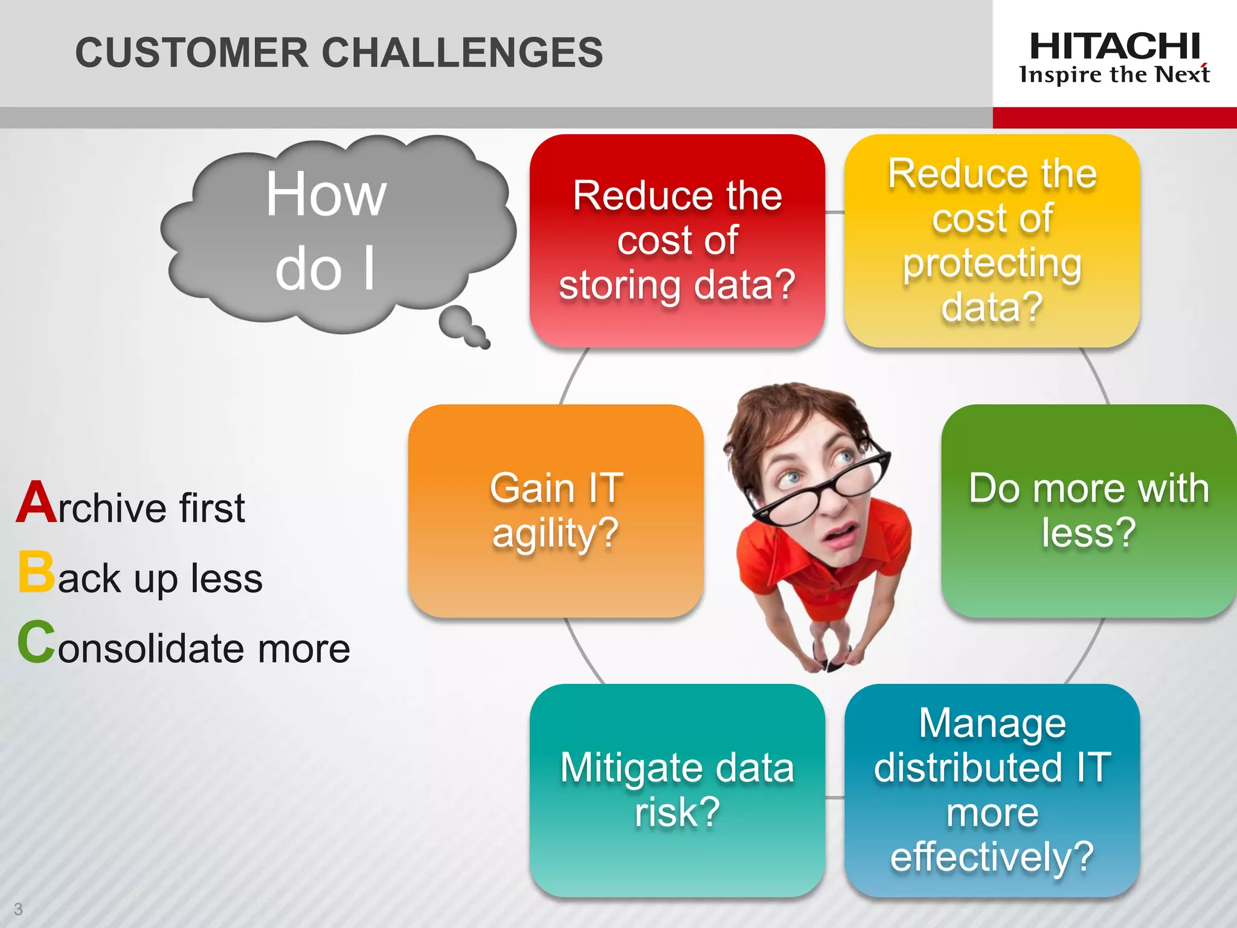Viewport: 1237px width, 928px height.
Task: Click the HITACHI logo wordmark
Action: (1114, 47)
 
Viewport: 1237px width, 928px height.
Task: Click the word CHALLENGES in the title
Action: (462, 53)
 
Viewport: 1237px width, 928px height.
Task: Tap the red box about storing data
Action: (677, 240)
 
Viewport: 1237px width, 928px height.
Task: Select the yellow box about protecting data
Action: (992, 240)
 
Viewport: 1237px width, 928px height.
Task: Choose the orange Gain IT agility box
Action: (556, 511)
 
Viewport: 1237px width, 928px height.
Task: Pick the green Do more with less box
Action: (1088, 511)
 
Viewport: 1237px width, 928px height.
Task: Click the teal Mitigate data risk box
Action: (677, 790)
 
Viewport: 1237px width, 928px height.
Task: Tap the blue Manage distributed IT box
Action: (992, 790)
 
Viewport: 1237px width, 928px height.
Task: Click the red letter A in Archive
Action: (36, 503)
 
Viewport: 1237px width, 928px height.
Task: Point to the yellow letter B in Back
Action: (36, 572)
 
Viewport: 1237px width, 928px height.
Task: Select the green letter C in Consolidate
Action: (36, 642)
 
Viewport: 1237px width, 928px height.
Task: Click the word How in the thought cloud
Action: (326, 195)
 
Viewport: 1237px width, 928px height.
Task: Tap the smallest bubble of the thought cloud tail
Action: (484, 344)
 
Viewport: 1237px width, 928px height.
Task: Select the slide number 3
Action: (18, 909)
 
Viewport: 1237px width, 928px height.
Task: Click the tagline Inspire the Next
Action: (1114, 75)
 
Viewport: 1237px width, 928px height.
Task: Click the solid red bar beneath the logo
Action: (1114, 117)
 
